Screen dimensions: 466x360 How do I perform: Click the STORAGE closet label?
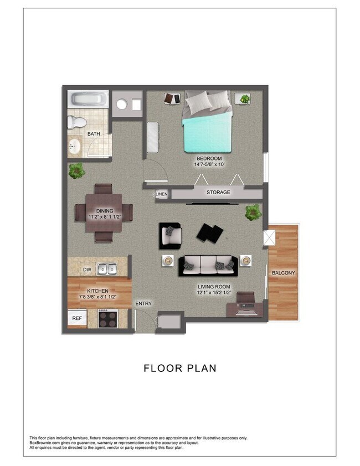pos(218,193)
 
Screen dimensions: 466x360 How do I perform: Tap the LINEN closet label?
pos(161,194)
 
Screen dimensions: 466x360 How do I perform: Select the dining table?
pos(104,212)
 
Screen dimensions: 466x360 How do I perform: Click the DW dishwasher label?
pos(87,270)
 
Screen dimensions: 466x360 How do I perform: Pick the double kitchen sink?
pos(107,269)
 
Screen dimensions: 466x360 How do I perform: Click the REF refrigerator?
pos(76,318)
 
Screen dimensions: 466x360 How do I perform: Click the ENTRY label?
pos(143,303)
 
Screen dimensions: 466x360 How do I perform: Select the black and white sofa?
pos(209,266)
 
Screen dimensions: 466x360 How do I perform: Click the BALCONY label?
pos(284,273)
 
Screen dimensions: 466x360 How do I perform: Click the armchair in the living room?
pos(170,235)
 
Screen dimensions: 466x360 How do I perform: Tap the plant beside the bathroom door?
pos(77,170)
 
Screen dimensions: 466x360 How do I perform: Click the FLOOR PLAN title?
pos(180,368)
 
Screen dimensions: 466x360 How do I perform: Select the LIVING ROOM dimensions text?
pos(214,293)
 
